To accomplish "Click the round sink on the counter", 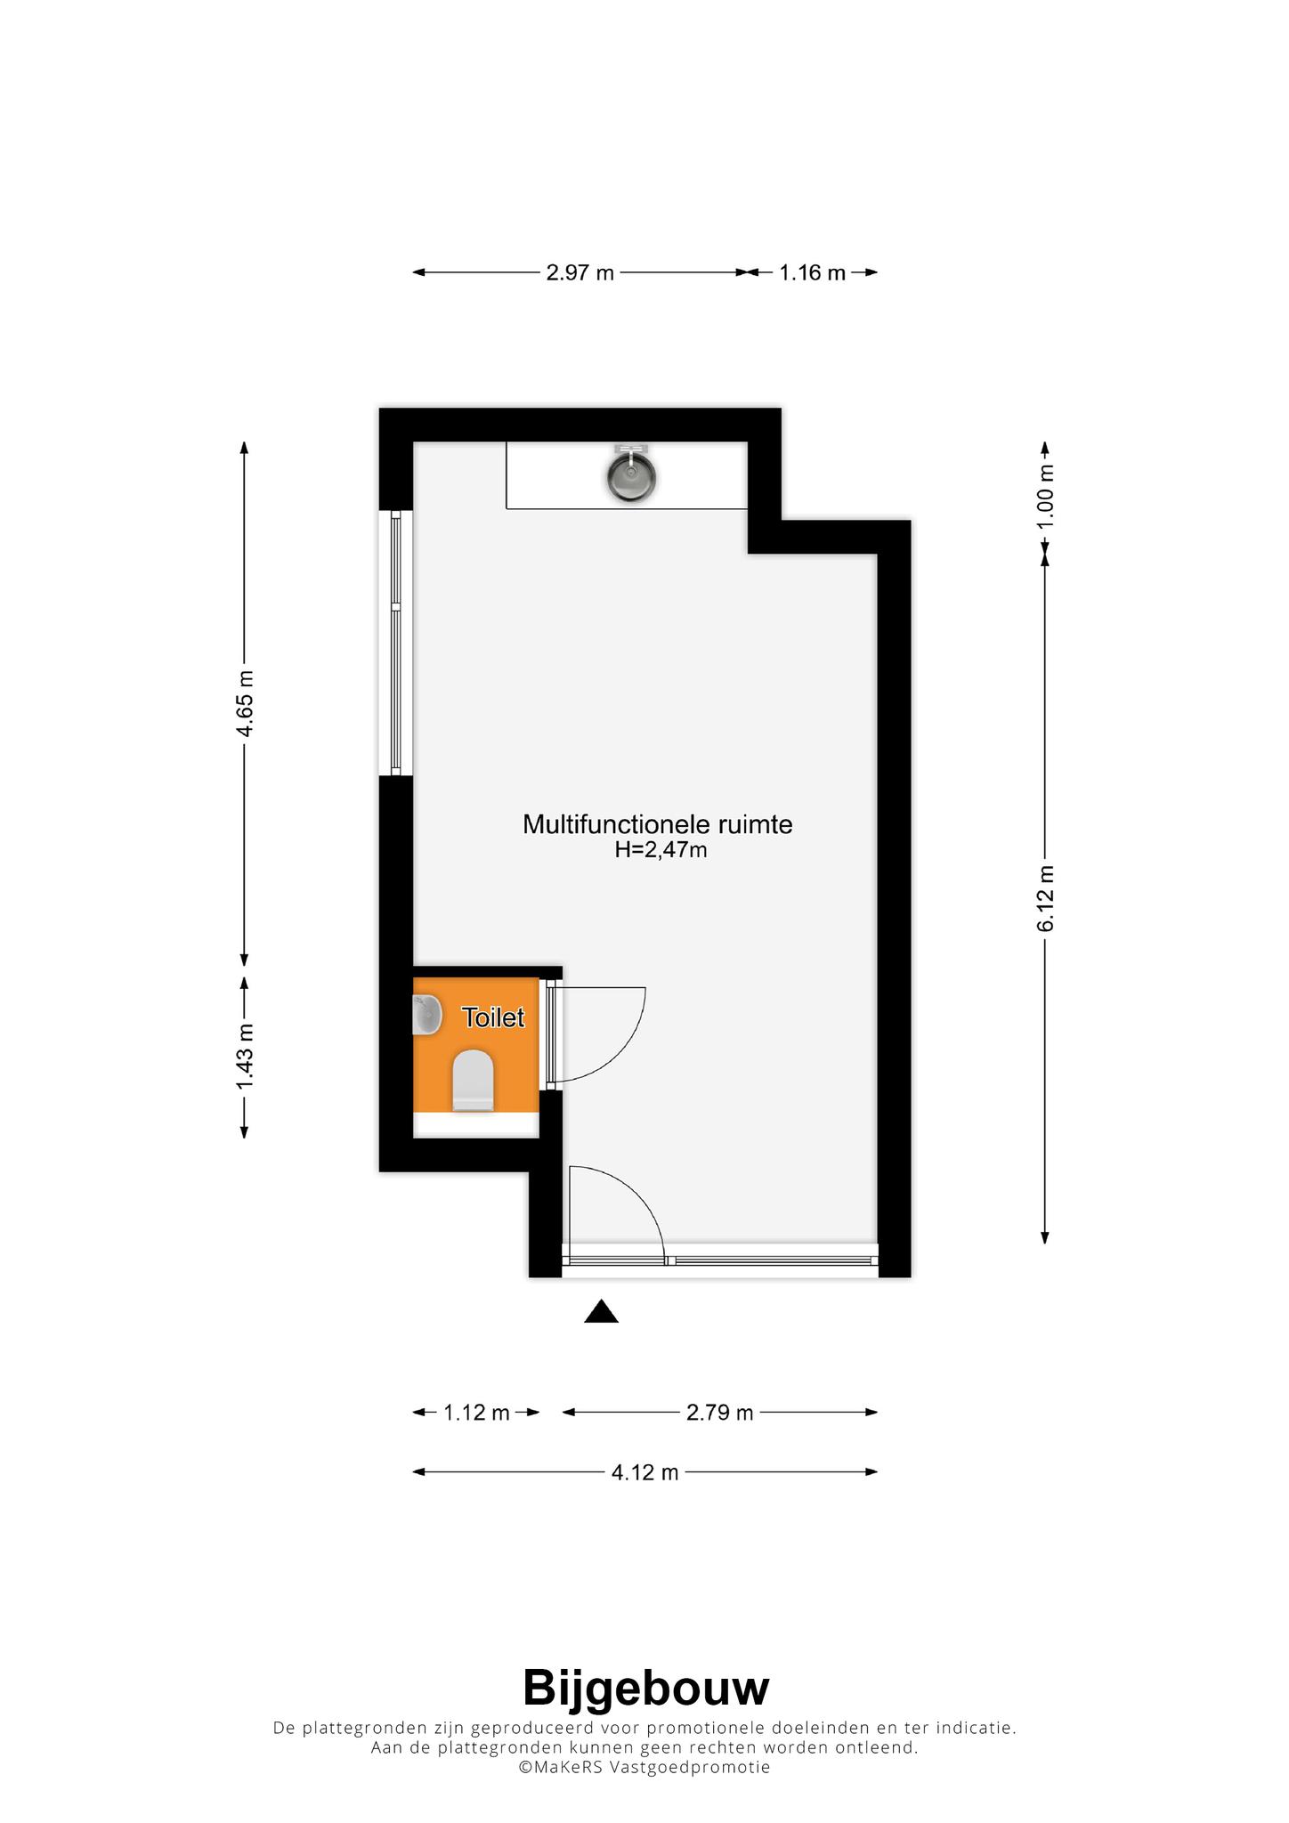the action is click(632, 477).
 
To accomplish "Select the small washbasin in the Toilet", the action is click(427, 1015).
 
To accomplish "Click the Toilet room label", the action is click(493, 1017).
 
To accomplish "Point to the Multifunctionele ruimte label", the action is click(657, 824).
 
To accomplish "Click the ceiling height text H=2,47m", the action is click(661, 850).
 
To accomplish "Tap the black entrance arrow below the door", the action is click(601, 1311).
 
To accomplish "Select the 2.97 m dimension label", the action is click(580, 272).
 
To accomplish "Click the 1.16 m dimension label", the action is click(812, 272).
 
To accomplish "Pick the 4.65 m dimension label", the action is click(245, 703).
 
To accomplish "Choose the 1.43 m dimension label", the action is click(245, 1056).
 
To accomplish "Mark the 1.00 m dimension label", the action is click(1046, 497).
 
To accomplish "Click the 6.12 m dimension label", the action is click(1046, 898).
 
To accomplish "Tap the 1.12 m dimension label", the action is click(476, 1413).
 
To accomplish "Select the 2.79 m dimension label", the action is click(720, 1413).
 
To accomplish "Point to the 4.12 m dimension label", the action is click(644, 1472).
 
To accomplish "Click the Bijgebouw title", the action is click(645, 1689).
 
